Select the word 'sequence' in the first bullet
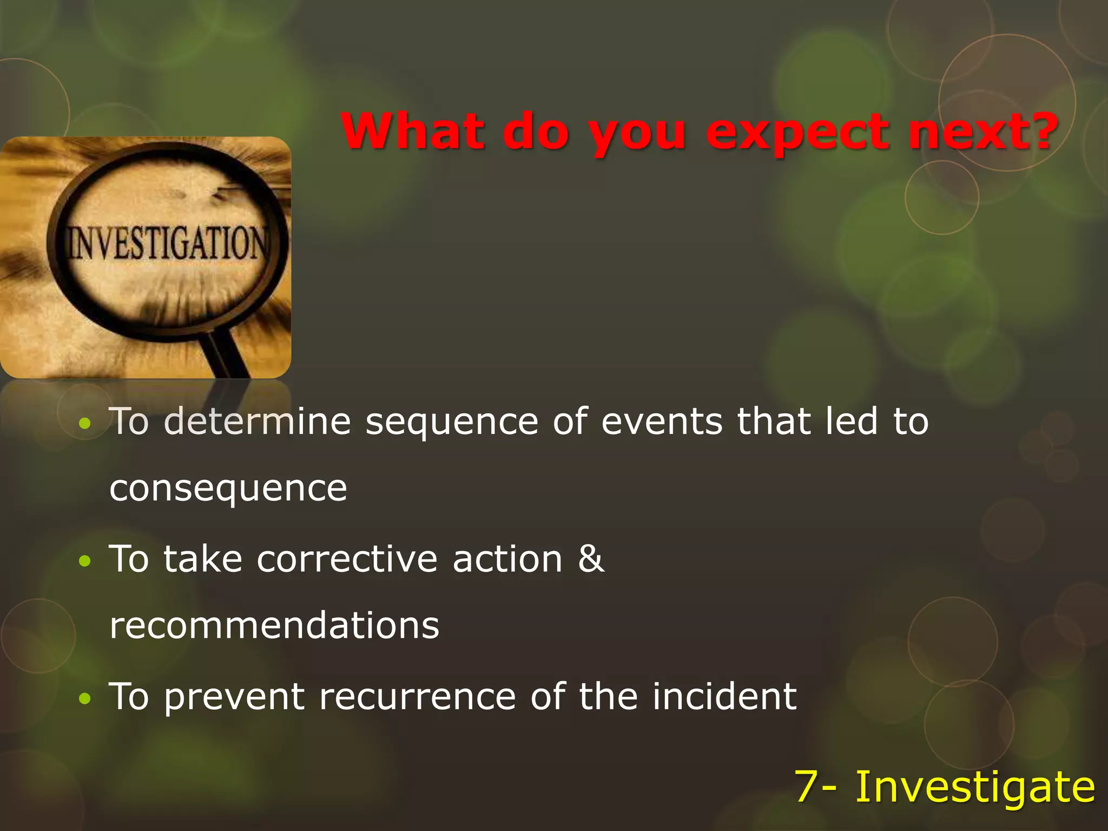(452, 422)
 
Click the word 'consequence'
(228, 489)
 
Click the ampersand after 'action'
(591, 558)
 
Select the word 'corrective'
(347, 559)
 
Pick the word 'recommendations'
(274, 626)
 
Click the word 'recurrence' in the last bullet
(417, 697)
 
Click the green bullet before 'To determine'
(84, 424)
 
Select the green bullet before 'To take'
(84, 562)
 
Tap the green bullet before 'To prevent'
(84, 699)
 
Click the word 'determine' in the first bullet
(258, 422)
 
